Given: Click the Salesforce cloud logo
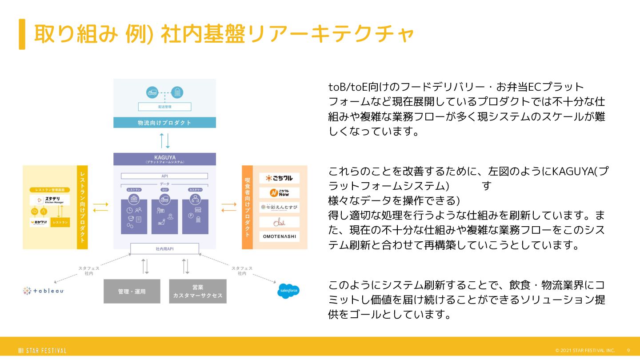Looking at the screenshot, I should click(x=288, y=291).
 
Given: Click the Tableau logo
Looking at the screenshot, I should click(x=44, y=291).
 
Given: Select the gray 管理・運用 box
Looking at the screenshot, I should click(x=132, y=292).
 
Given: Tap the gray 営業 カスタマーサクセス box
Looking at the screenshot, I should click(x=198, y=291).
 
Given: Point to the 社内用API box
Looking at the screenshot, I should click(x=164, y=249).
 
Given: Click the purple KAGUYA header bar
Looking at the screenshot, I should click(x=164, y=159).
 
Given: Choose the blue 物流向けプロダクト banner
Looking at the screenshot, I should click(x=164, y=123).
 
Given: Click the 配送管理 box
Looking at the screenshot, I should click(x=164, y=107).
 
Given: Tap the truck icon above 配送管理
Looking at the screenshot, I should click(x=152, y=92).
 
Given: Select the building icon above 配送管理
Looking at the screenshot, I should click(x=177, y=92).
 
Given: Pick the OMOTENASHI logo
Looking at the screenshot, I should click(x=279, y=236).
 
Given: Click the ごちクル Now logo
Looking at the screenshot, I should click(x=279, y=193).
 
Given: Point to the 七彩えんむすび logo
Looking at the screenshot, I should click(x=279, y=207).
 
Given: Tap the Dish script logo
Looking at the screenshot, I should click(x=279, y=222).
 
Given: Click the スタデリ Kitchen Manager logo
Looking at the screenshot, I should click(x=50, y=200).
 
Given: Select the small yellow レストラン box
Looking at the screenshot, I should click(x=60, y=222).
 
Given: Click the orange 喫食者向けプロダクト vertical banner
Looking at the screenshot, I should click(x=248, y=207).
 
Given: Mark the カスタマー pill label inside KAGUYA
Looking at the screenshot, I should click(x=195, y=190).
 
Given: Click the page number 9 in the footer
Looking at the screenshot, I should click(x=628, y=350).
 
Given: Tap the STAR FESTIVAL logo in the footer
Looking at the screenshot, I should click(x=42, y=351).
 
